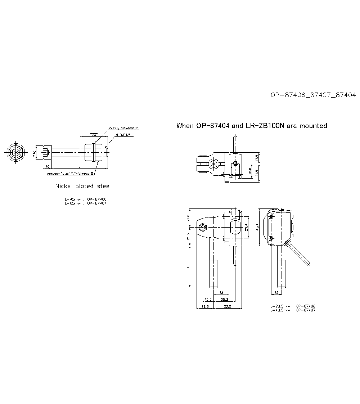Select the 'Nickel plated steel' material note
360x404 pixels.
(83, 186)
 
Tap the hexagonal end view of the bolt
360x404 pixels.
(15, 153)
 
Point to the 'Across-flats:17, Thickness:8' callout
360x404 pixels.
(70, 173)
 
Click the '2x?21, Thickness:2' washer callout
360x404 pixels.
(123, 128)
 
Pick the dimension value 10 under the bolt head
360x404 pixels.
(47, 166)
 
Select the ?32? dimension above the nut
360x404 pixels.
(94, 134)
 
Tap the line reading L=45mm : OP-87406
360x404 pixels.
(86, 199)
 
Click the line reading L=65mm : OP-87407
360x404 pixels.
(86, 203)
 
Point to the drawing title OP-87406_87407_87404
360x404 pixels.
(313, 95)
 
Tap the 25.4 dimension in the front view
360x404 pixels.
(246, 228)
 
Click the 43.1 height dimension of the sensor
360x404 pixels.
(257, 228)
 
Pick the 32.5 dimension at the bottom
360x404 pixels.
(227, 306)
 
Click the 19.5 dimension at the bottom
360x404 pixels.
(205, 306)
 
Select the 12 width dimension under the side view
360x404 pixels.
(276, 292)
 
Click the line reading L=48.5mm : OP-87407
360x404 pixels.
(293, 310)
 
